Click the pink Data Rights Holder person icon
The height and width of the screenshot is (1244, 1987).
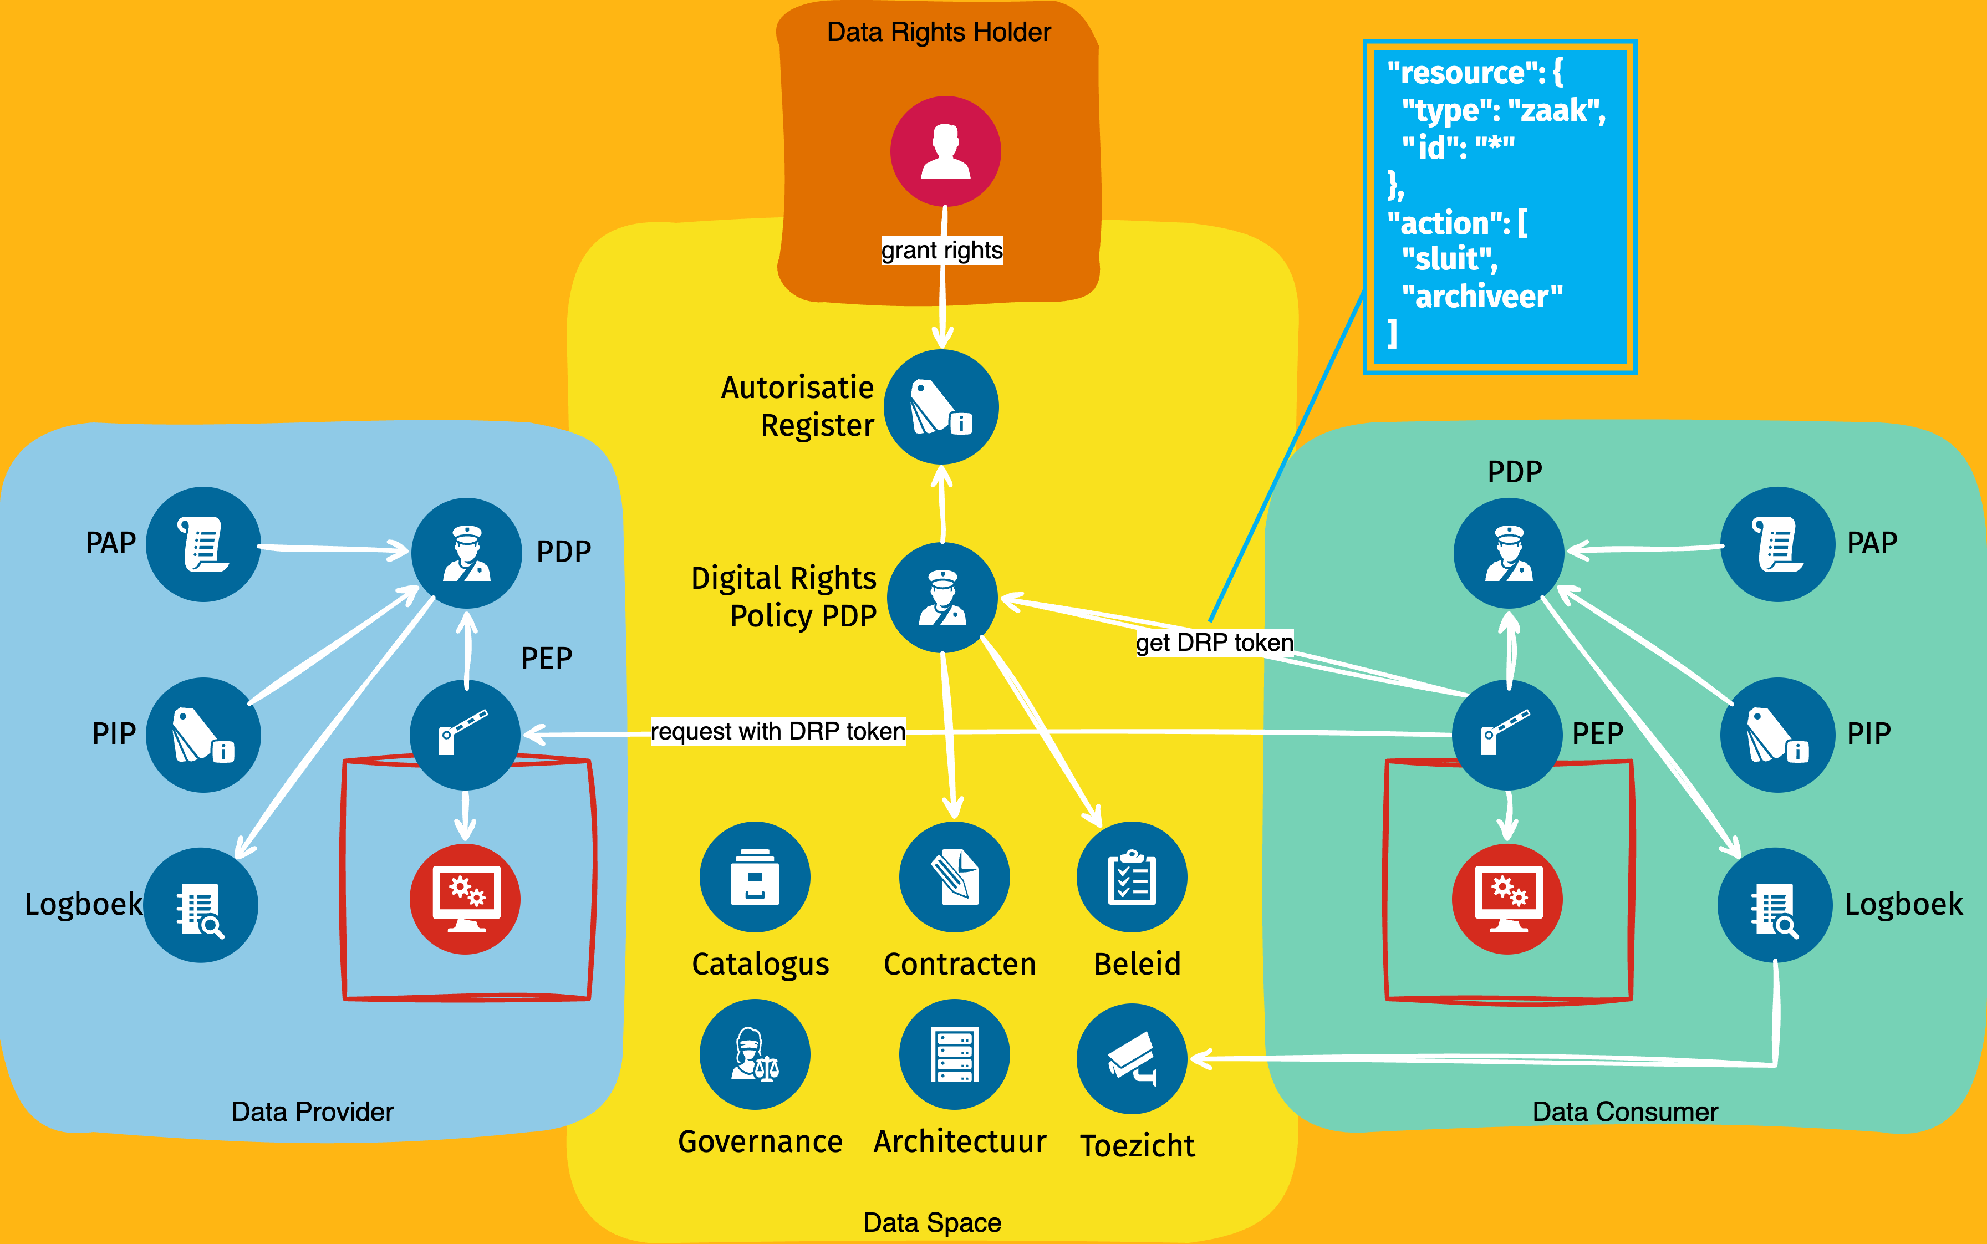pyautogui.click(x=945, y=151)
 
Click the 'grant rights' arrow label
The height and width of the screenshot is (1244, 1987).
pyautogui.click(x=942, y=250)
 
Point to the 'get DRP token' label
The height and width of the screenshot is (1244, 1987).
pyautogui.click(x=1214, y=643)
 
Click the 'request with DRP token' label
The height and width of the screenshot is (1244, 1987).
pyautogui.click(x=777, y=731)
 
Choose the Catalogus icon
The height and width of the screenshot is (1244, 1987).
pyautogui.click(x=755, y=877)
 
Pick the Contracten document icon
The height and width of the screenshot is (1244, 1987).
pyautogui.click(x=955, y=877)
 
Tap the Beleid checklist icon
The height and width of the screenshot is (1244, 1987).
pyautogui.click(x=1132, y=877)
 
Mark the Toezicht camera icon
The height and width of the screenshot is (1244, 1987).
pyautogui.click(x=1132, y=1058)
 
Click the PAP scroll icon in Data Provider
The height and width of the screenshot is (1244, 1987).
pyautogui.click(x=203, y=544)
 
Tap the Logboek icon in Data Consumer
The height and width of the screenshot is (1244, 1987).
pyautogui.click(x=1775, y=905)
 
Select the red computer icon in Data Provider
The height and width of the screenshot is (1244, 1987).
pyautogui.click(x=465, y=899)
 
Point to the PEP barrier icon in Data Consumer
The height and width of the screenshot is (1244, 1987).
pyautogui.click(x=1507, y=735)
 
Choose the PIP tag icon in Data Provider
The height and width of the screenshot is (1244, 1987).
pyautogui.click(x=203, y=735)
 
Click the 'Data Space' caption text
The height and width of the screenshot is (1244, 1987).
pyautogui.click(x=932, y=1222)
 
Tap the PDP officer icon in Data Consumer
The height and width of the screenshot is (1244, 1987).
pyautogui.click(x=1509, y=553)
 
